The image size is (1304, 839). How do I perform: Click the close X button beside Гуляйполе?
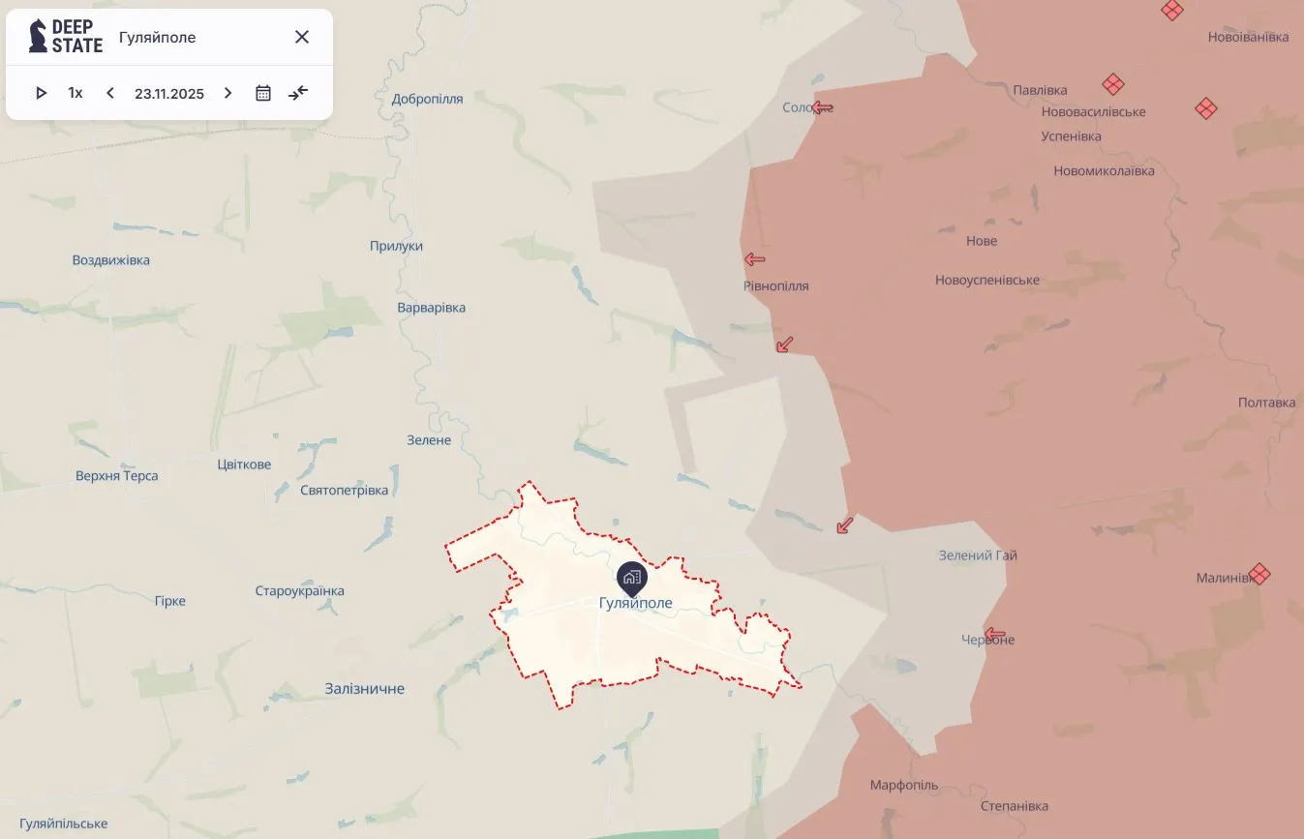pos(302,37)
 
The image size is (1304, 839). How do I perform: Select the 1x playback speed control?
pos(76,93)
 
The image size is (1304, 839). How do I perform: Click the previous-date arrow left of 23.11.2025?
pos(110,93)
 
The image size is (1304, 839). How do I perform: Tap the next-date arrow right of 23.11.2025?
pos(228,93)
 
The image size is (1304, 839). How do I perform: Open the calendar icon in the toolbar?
pos(263,93)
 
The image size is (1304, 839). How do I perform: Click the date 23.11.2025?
pos(169,94)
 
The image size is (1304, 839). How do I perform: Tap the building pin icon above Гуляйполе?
pos(632,579)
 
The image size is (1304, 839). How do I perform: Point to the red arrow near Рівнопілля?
pos(755,259)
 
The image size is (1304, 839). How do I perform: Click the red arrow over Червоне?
pos(994,635)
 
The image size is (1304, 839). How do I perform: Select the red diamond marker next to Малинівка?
pos(1259,574)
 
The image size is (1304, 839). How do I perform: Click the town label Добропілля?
pos(427,99)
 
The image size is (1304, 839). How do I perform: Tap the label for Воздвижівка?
pos(111,260)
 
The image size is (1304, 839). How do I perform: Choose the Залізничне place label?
pos(365,689)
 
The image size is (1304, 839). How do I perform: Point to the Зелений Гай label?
pos(978,555)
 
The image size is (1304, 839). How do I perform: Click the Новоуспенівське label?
pos(987,281)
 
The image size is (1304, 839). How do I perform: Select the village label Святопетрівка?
pos(344,491)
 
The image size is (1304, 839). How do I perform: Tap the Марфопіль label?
pos(904,785)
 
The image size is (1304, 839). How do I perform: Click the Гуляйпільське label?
pos(63,824)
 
